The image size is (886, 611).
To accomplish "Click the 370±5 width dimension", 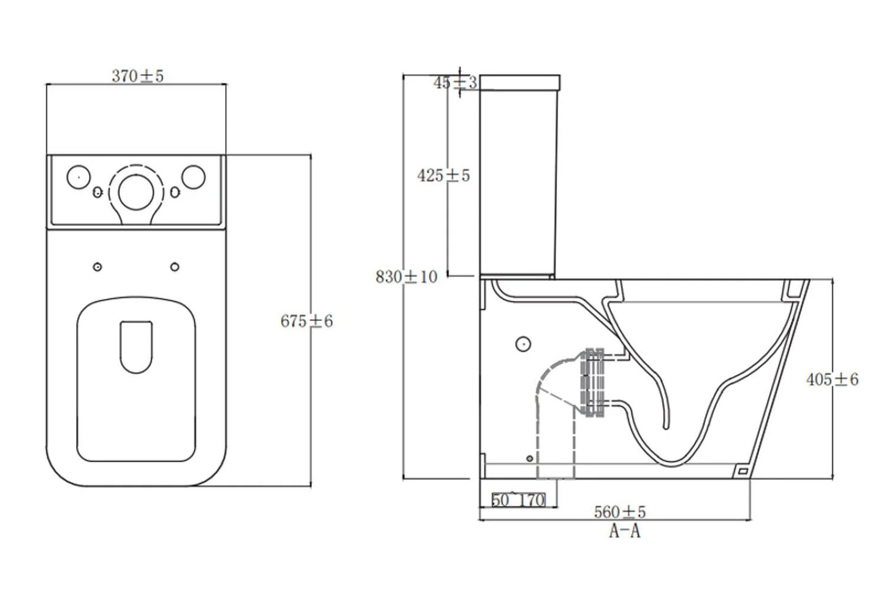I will tap(137, 76).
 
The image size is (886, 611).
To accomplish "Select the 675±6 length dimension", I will tap(307, 321).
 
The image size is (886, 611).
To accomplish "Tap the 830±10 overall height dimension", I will tap(407, 277).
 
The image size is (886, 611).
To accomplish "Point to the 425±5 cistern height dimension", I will tap(443, 175).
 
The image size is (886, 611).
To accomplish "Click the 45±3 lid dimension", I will tap(455, 83).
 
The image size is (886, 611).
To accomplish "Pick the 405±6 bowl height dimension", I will tap(832, 380).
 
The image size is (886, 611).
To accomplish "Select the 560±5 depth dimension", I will tap(619, 511).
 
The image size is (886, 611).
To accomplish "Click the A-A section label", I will tap(624, 531).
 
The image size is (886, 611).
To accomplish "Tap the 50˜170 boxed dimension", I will tap(518, 500).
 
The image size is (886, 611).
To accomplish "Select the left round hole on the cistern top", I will tap(77, 177).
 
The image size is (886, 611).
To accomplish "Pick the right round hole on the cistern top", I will tap(193, 177).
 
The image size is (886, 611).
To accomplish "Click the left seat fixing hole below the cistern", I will tap(97, 267).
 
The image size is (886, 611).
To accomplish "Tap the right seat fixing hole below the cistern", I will tap(175, 267).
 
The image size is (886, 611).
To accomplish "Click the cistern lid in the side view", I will tap(520, 82).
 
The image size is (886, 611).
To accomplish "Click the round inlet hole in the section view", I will tap(523, 344).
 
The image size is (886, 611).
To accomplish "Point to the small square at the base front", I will tap(742, 471).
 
